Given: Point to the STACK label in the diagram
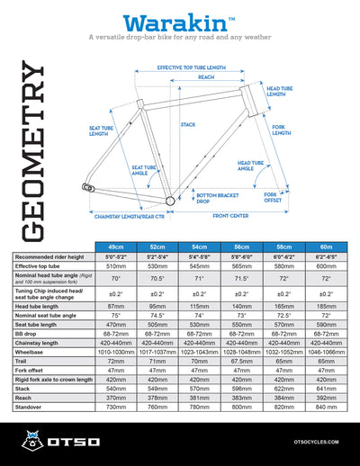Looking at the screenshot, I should pyautogui.click(x=188, y=124).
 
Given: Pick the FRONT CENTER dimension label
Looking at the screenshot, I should pyautogui.click(x=231, y=216).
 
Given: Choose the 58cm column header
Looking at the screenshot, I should pyautogui.click(x=287, y=246).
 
